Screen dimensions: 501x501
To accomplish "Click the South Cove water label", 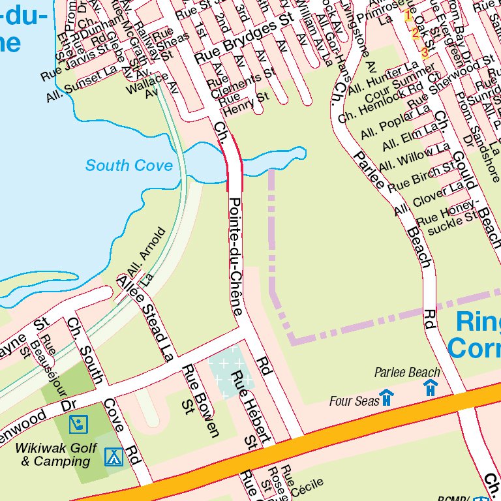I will tap(129, 166).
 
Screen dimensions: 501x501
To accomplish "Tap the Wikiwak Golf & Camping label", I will tap(56, 455).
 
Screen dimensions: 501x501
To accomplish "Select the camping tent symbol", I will tap(114, 456).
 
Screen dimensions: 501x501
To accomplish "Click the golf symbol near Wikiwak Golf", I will tap(79, 425).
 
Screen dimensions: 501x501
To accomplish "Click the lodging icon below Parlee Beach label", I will tap(431, 387).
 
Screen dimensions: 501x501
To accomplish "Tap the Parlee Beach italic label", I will tap(407, 372).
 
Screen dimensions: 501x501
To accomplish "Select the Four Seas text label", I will tap(354, 401).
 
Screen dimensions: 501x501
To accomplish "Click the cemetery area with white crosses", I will tap(229, 375).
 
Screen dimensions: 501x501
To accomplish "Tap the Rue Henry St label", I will tap(244, 100).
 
